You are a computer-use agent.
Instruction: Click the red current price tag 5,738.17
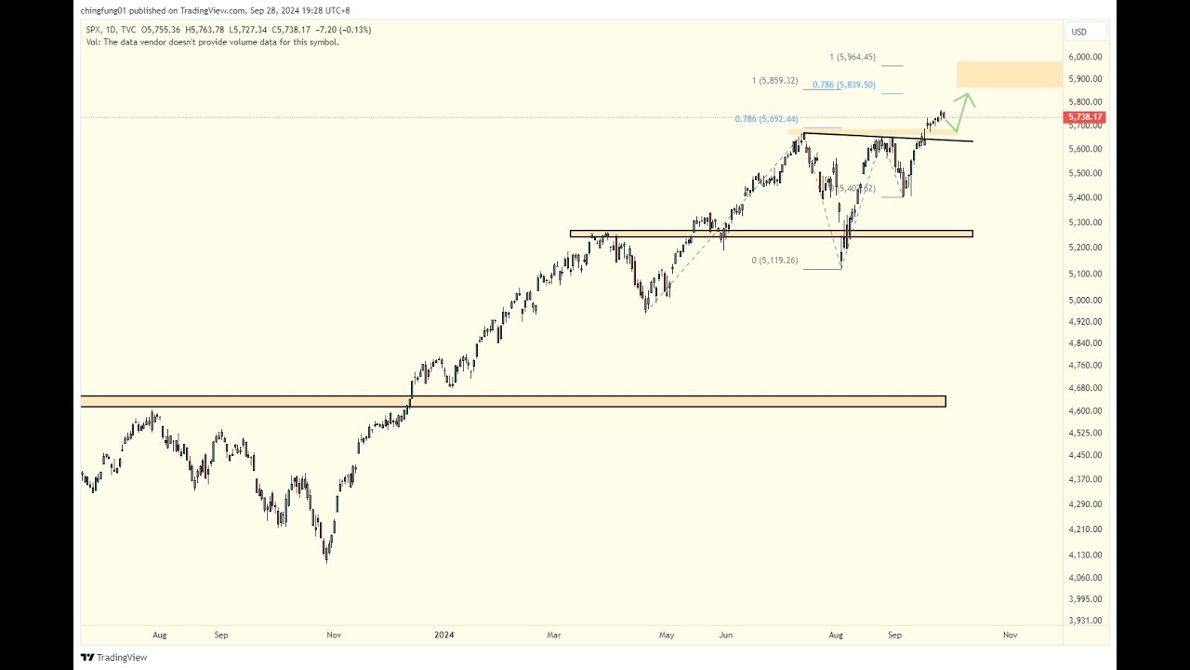pos(1084,117)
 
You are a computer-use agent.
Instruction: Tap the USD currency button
pos(1078,32)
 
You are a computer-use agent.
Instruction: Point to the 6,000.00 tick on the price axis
pos(1085,57)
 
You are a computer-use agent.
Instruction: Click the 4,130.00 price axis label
pos(1085,555)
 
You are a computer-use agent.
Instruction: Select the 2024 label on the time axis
pos(444,635)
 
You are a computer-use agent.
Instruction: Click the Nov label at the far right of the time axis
pos(1010,635)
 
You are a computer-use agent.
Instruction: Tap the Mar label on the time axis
pos(554,635)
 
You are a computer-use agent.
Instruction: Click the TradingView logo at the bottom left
pos(113,657)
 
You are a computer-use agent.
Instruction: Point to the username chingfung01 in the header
pos(103,10)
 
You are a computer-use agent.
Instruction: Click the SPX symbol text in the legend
pos(93,30)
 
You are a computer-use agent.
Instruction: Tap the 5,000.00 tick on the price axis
pos(1085,300)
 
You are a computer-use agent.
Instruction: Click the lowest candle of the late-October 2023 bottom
pos(326,558)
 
